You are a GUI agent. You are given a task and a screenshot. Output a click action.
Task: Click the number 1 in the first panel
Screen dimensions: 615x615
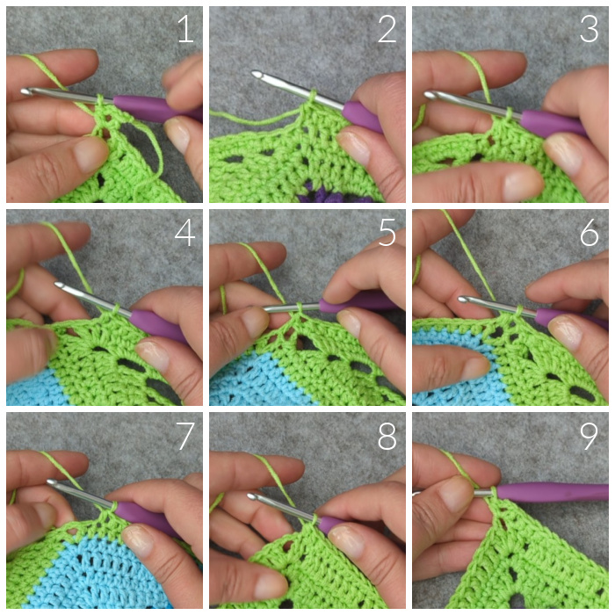[x=186, y=30]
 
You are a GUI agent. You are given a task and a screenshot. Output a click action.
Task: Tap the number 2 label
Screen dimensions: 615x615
[x=387, y=30]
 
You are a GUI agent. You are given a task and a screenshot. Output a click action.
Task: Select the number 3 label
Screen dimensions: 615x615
[x=590, y=30]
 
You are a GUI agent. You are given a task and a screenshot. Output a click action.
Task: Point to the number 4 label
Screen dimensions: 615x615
[x=184, y=233]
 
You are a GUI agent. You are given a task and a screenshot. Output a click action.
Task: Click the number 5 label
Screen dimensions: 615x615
[x=387, y=233]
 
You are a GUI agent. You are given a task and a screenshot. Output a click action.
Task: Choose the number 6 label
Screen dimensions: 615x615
[x=590, y=233]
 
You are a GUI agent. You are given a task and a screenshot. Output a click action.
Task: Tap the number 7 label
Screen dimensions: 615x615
[x=185, y=436]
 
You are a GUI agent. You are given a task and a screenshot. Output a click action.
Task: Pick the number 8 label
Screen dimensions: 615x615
[x=387, y=436]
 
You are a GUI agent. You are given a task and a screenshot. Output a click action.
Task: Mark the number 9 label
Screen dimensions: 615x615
[x=589, y=436]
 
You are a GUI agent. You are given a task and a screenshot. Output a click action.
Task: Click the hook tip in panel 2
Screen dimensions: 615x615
[x=257, y=74]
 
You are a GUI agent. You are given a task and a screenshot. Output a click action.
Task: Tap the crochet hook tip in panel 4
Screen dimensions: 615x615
[x=59, y=285]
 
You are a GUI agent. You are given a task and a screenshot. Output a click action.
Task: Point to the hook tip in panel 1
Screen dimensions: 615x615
[x=25, y=91]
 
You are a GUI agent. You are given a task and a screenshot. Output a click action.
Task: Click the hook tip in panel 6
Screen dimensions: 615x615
[x=463, y=300]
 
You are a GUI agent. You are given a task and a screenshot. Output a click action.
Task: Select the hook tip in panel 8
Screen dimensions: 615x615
[x=252, y=496]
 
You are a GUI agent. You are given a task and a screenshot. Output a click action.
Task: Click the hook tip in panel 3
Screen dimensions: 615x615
[x=429, y=95]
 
